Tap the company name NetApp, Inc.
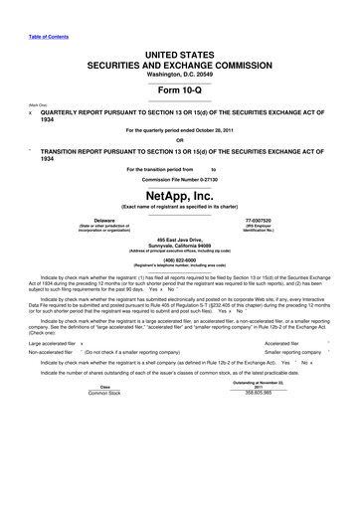179,196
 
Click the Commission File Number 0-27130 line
179,180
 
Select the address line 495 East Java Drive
179,241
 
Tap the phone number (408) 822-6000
179,261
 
